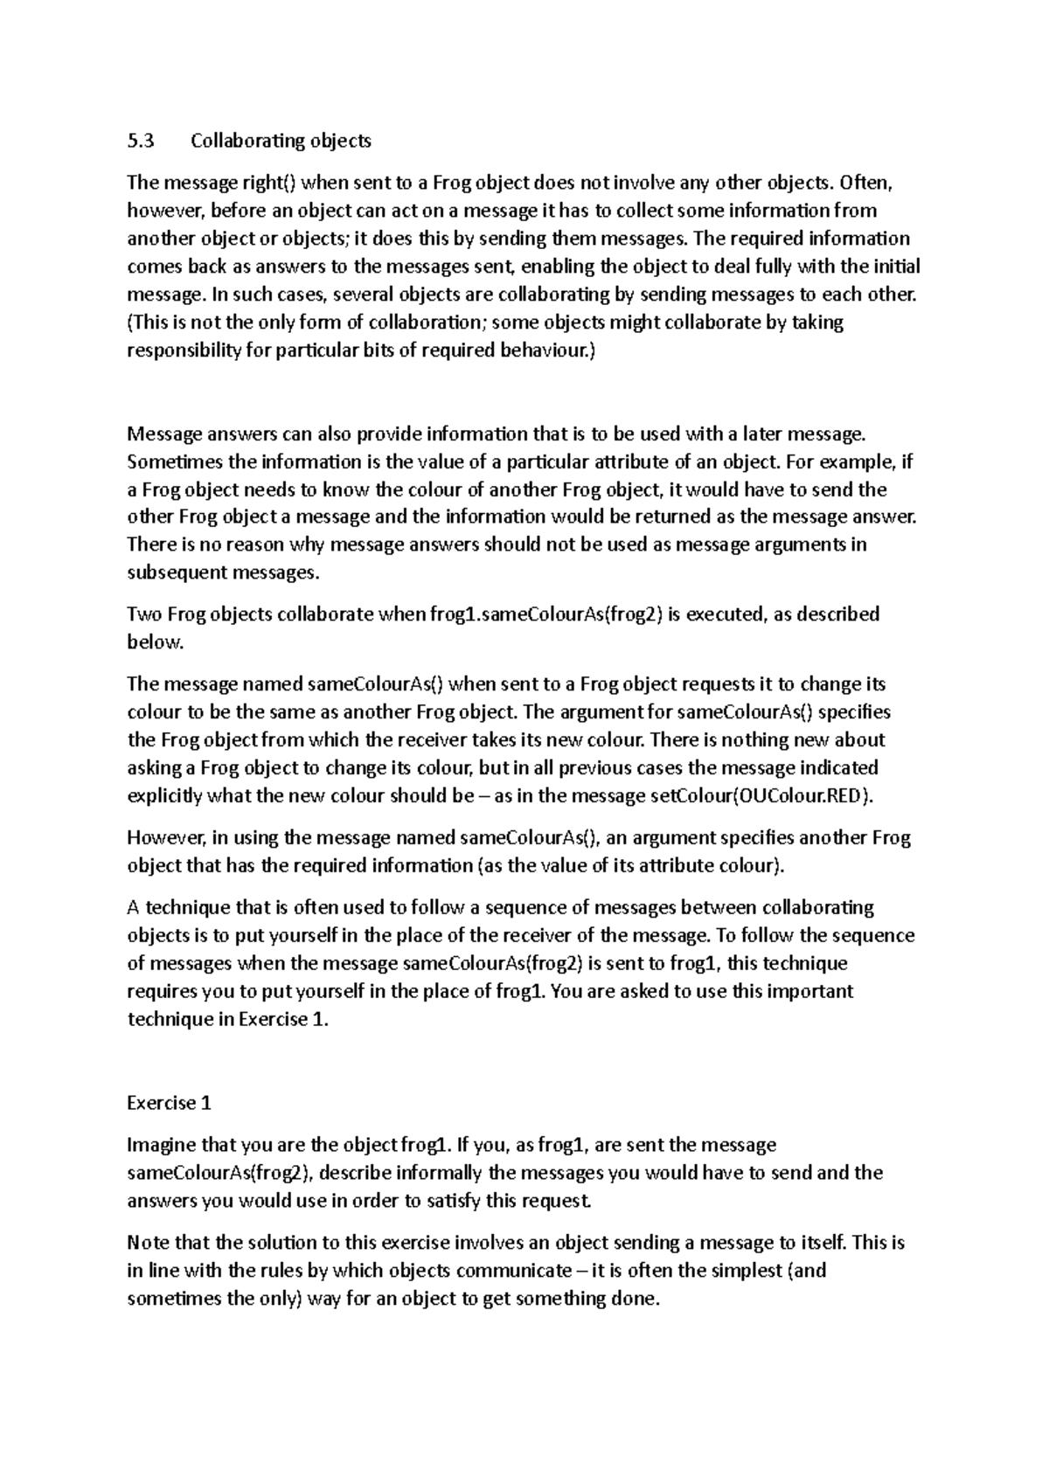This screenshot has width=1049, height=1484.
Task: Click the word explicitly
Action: pos(165,796)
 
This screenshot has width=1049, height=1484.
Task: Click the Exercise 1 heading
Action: pos(169,1103)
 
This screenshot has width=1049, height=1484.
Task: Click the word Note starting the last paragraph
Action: pos(148,1243)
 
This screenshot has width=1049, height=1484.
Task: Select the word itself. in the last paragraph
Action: pos(823,1243)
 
